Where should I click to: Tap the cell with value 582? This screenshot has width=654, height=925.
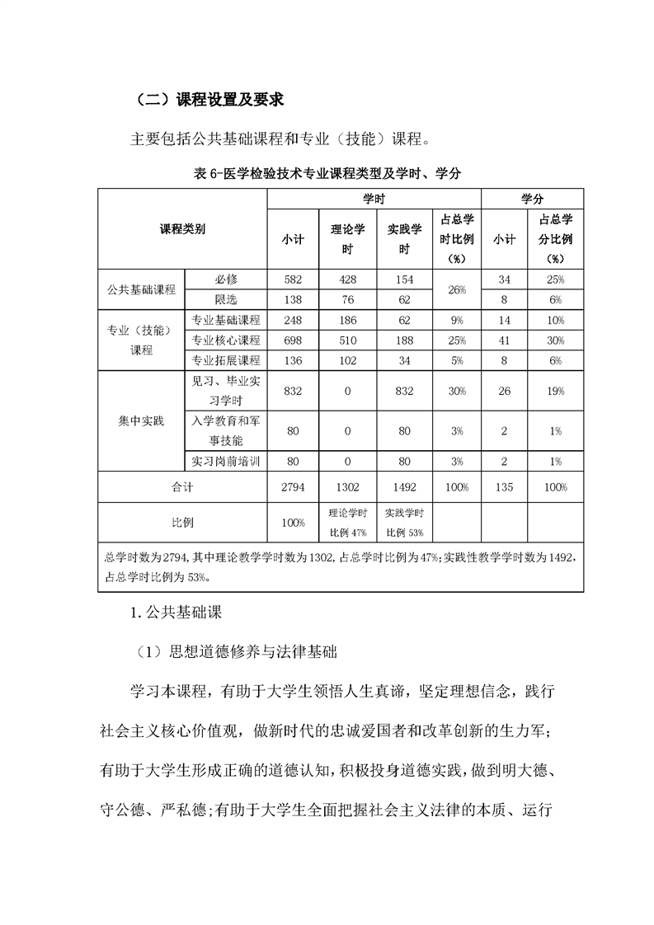click(x=293, y=280)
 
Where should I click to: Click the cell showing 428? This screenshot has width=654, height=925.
click(x=347, y=280)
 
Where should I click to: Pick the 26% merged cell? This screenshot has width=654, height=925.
click(x=456, y=290)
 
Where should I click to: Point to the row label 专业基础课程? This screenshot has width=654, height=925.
click(x=225, y=320)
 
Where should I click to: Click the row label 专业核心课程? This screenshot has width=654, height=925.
click(x=225, y=340)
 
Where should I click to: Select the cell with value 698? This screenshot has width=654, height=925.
click(x=293, y=340)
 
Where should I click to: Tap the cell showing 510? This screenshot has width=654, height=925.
click(x=347, y=340)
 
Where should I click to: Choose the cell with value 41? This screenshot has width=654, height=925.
click(x=504, y=340)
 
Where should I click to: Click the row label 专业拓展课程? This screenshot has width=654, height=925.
click(x=225, y=360)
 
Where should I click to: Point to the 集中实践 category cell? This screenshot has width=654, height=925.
click(x=141, y=420)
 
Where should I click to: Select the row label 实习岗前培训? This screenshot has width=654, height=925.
click(x=225, y=461)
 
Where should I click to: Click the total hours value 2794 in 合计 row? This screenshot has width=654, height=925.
click(x=293, y=487)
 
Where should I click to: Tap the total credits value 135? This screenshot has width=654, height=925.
click(x=504, y=487)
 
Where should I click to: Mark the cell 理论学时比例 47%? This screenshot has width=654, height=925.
click(x=347, y=523)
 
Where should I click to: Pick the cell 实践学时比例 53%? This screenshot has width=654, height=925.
click(x=404, y=523)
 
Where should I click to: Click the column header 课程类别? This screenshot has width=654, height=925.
click(x=182, y=230)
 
